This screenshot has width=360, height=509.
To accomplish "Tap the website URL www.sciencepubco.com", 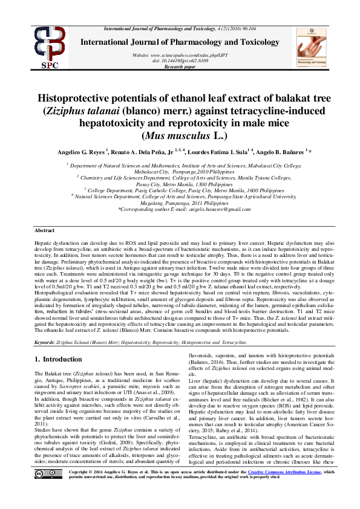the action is click(x=181, y=55).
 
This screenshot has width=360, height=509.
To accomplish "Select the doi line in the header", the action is click(x=181, y=60).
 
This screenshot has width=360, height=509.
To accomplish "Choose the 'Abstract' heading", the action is click(x=44, y=231).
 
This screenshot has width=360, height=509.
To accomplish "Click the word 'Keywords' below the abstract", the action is click(x=45, y=343).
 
